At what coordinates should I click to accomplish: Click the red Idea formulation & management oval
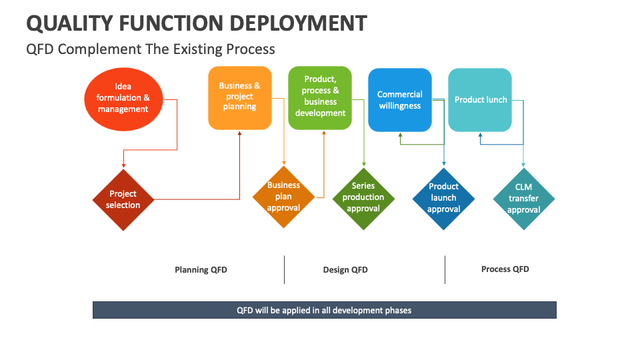[x=123, y=98]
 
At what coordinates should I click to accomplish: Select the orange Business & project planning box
[x=240, y=97]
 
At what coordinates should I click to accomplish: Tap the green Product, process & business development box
[x=320, y=97]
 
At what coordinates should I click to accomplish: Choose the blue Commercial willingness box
[x=400, y=100]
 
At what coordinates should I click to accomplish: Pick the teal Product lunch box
[x=480, y=100]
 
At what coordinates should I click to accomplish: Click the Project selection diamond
[x=123, y=199]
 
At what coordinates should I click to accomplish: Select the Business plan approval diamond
[x=283, y=197]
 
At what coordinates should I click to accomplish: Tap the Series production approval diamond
[x=363, y=198]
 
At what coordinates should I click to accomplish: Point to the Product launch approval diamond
[x=443, y=198]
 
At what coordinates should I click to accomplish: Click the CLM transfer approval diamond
[x=524, y=199]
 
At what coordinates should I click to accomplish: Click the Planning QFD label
[x=201, y=270]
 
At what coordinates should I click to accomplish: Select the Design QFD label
[x=345, y=270]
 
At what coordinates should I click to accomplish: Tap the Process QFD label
[x=505, y=269]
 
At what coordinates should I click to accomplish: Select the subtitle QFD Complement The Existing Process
[x=150, y=49]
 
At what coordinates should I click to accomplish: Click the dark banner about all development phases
[x=324, y=310]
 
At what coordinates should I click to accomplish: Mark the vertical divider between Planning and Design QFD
[x=284, y=269]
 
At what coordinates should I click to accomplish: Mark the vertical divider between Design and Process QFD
[x=445, y=269]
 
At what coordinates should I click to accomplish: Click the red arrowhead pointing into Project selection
[x=123, y=165]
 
